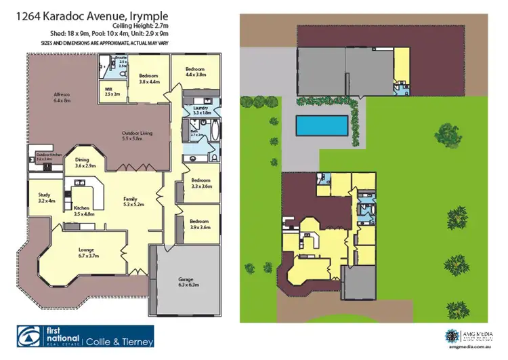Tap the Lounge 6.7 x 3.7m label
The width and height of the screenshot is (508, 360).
pyautogui.click(x=90, y=252)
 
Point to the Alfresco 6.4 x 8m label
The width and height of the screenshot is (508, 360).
pyautogui.click(x=62, y=97)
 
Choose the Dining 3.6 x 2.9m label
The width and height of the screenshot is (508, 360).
pyautogui.click(x=86, y=161)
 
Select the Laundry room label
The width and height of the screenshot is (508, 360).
pyautogui.click(x=200, y=110)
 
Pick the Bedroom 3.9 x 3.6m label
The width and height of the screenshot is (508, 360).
pyautogui.click(x=200, y=224)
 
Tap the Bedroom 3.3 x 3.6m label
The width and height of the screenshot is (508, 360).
pyautogui.click(x=201, y=183)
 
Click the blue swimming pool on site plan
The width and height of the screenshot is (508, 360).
pyautogui.click(x=322, y=125)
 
